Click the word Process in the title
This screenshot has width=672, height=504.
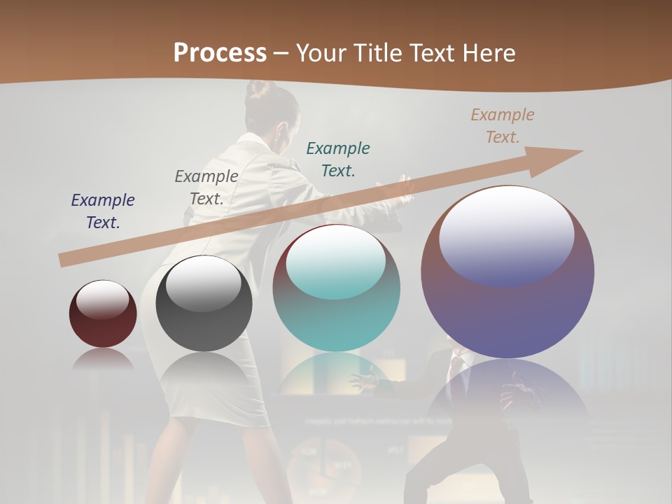pyautogui.click(x=220, y=52)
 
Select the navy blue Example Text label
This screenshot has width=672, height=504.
pyautogui.click(x=103, y=211)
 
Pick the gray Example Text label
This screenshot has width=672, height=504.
pyautogui.click(x=206, y=187)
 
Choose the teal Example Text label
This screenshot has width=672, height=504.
pyautogui.click(x=338, y=159)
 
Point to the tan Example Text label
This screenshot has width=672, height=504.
pyautogui.click(x=503, y=125)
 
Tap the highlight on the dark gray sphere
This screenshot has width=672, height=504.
pyautogui.click(x=204, y=283)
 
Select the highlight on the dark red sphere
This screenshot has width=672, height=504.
pyautogui.click(x=102, y=300)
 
